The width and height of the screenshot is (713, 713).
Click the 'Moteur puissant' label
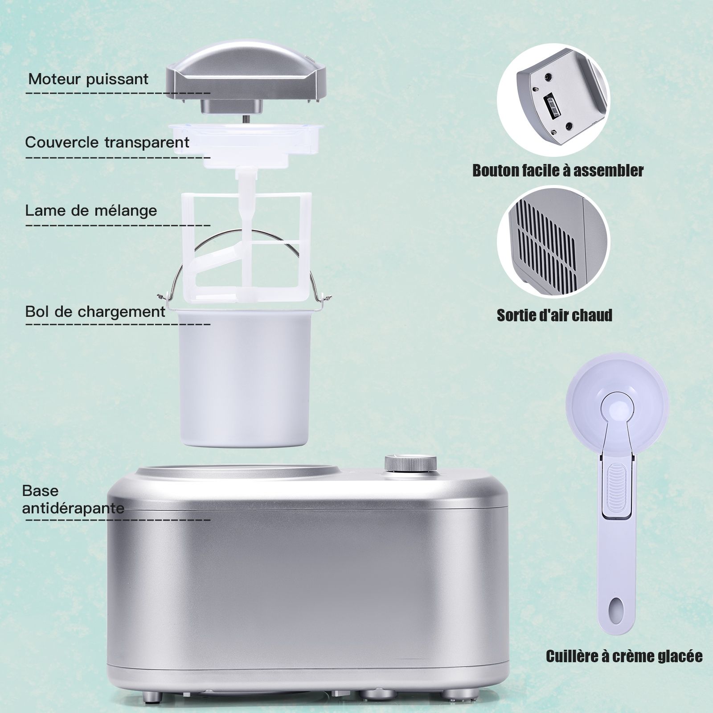[x=88, y=79]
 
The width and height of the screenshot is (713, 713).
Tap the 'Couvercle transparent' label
[x=107, y=143]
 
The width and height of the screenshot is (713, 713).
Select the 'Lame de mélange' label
[x=91, y=210]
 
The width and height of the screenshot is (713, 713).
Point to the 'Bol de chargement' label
[x=95, y=311]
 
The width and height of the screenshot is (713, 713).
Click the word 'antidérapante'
[x=73, y=508]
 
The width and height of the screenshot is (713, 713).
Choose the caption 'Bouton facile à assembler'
[x=558, y=171]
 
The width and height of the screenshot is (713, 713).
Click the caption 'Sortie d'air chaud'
[x=554, y=316]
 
